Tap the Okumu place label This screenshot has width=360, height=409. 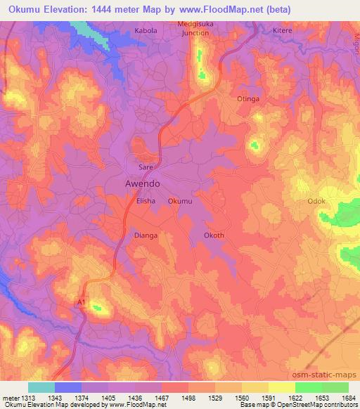180,202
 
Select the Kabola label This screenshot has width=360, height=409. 147,32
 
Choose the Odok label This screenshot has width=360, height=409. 316,202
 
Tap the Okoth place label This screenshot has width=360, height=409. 214,235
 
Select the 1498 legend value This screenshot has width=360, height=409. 187,398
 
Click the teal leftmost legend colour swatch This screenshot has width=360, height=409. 41,387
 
